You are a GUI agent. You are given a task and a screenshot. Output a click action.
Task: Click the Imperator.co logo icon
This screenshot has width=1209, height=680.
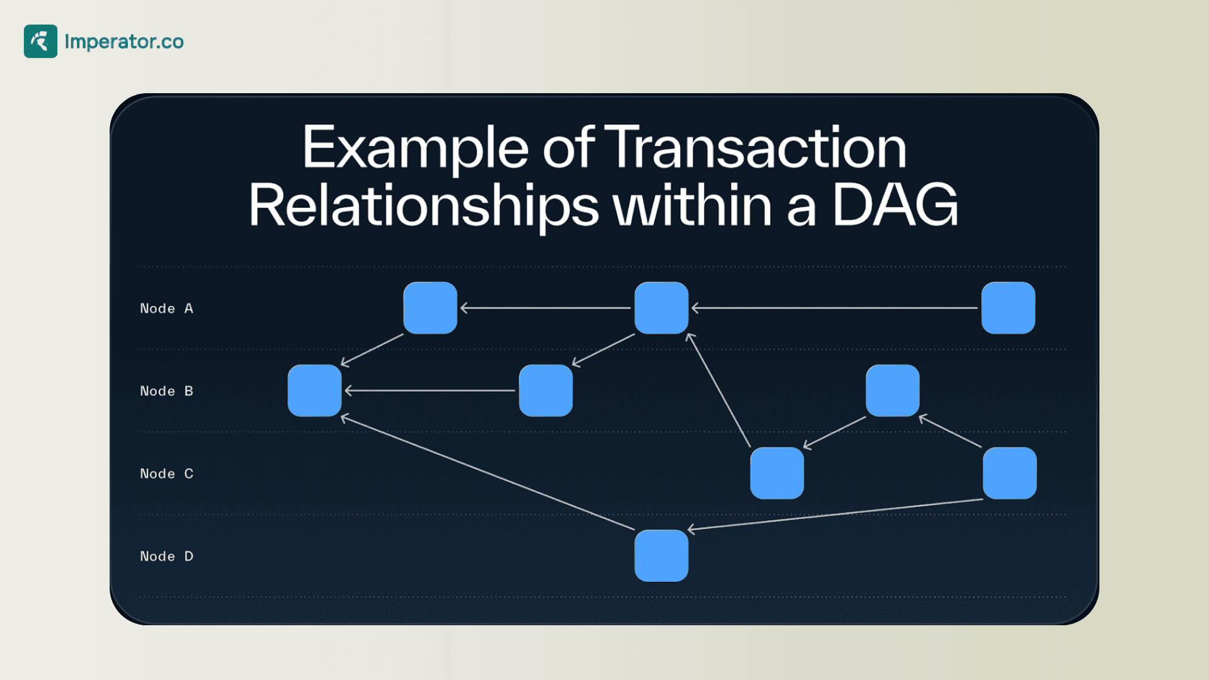[40, 42]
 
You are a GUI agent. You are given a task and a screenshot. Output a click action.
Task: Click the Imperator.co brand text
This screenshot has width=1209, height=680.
[124, 42]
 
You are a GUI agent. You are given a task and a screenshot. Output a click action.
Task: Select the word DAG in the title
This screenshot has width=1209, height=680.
[895, 205]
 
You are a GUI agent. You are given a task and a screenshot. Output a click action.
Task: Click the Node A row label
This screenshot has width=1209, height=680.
[167, 309]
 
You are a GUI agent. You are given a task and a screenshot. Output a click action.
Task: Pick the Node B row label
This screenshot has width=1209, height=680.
[167, 391]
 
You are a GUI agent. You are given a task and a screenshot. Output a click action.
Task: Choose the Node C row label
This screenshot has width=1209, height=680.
[167, 473]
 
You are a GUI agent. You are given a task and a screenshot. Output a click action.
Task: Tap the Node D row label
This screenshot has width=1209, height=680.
[167, 556]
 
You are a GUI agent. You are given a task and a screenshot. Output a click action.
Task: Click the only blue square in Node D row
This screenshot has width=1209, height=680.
[661, 555]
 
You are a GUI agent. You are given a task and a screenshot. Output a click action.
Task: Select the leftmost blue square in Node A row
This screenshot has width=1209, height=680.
[430, 308]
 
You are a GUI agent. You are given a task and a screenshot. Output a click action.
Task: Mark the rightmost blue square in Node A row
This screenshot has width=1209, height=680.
[1008, 308]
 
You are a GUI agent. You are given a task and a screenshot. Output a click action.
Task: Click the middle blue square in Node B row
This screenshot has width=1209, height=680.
[546, 390]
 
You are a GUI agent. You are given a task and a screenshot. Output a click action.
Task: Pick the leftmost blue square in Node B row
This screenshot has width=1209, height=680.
[315, 390]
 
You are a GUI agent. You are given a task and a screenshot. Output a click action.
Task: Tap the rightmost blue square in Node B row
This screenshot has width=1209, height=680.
[892, 390]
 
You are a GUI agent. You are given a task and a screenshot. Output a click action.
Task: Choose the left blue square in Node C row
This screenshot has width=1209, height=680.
[777, 473]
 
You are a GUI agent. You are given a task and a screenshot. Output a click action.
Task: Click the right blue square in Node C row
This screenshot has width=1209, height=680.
[1009, 473]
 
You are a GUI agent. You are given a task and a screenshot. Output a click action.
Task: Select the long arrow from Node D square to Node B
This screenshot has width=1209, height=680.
[488, 472]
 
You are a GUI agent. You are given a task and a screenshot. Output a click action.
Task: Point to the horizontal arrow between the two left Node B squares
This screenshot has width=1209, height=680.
[430, 390]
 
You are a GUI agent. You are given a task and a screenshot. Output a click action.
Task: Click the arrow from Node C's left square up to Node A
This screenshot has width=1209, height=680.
[718, 390]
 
